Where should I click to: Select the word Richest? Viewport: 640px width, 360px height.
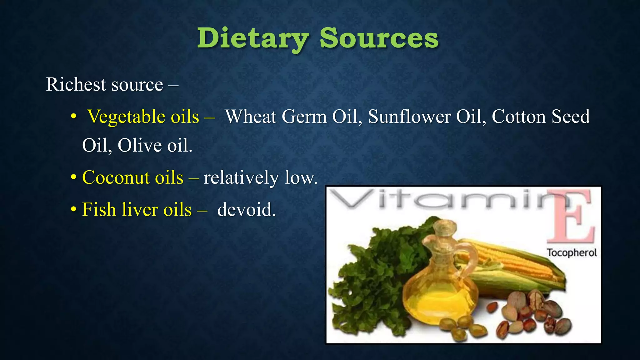tap(76, 84)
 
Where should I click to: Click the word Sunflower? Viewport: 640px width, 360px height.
tap(409, 117)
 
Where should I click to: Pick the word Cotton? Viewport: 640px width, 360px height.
tap(519, 117)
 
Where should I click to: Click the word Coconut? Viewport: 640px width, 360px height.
tap(116, 177)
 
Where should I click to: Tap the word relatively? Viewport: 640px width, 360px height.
tap(241, 177)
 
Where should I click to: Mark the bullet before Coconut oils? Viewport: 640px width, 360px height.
tap(73, 177)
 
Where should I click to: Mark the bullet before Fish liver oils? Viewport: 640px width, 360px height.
tap(73, 209)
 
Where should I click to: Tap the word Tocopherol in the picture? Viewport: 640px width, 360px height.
tap(572, 252)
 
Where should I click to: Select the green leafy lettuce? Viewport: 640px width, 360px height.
tap(369, 281)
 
